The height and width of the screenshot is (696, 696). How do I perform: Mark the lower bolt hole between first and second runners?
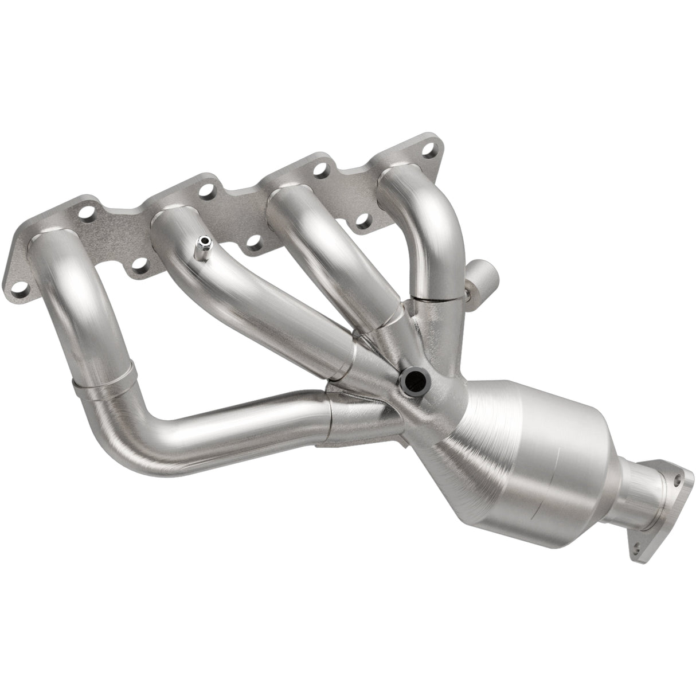(x=137, y=264)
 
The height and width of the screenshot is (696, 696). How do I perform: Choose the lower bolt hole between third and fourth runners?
(x=362, y=220)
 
